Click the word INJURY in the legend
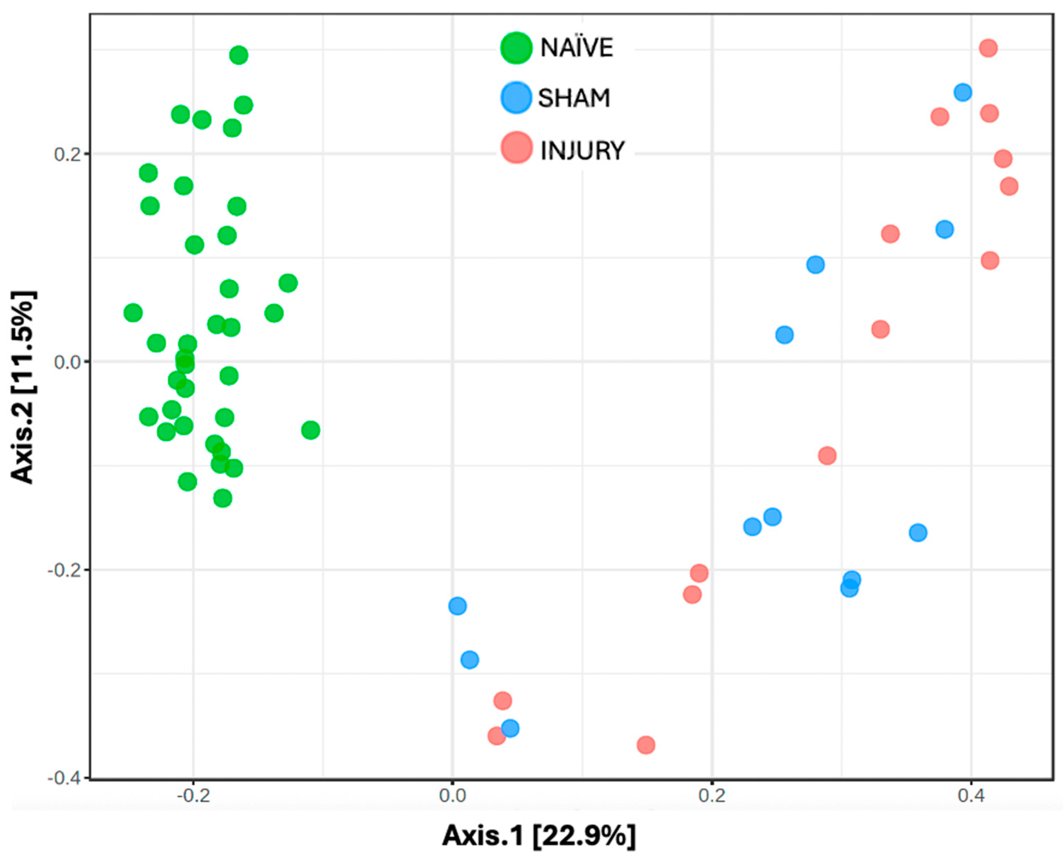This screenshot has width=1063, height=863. pyautogui.click(x=582, y=151)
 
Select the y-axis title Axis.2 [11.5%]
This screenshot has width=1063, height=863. pyautogui.click(x=23, y=387)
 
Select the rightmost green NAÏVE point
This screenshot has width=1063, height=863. pyautogui.click(x=310, y=430)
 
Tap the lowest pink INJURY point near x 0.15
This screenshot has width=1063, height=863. pyautogui.click(x=645, y=745)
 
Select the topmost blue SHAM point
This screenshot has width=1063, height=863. pyautogui.click(x=963, y=92)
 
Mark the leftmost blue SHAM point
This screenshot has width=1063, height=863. pyautogui.click(x=457, y=606)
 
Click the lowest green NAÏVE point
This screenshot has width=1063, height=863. pyautogui.click(x=222, y=498)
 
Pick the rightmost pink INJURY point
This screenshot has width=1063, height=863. pyautogui.click(x=1009, y=186)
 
